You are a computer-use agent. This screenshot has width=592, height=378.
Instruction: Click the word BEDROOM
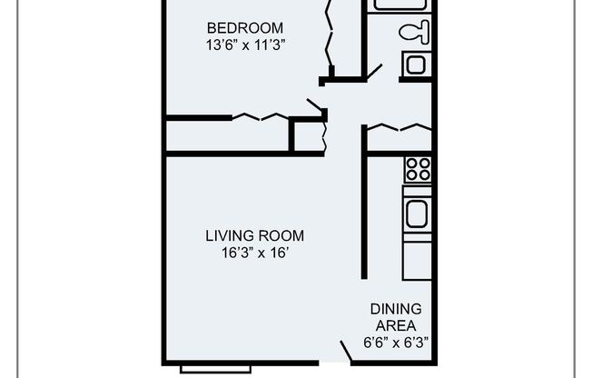tap(244, 27)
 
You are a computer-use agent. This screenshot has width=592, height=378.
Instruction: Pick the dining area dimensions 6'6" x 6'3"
tap(396, 343)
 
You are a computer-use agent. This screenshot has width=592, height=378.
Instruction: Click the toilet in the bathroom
tap(413, 33)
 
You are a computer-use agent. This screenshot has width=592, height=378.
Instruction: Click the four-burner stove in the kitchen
tap(418, 169)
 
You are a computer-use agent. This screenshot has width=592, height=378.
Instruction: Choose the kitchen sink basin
tap(418, 215)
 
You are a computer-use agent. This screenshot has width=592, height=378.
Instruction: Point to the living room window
tap(215, 368)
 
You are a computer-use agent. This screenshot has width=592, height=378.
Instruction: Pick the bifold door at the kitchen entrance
tap(397, 126)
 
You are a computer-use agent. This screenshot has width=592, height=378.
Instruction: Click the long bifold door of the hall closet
tap(261, 116)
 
